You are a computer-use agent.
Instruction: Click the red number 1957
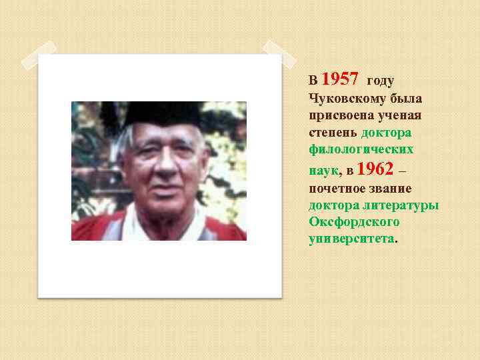(341, 80)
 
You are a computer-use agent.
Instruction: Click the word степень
(332, 132)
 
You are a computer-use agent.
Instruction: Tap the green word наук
(323, 171)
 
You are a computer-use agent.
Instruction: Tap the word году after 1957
(381, 81)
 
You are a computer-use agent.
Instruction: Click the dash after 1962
(402, 171)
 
